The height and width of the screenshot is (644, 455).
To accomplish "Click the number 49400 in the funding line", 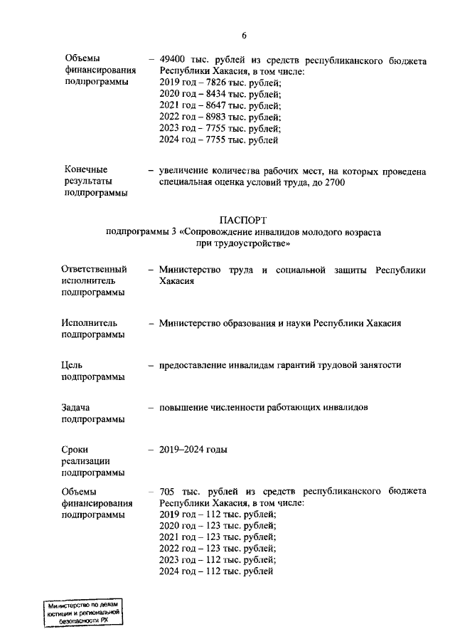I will coord(174,61).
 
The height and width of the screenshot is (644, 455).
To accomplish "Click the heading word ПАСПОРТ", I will coord(243,221).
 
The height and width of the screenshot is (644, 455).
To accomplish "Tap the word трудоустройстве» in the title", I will coord(254,243).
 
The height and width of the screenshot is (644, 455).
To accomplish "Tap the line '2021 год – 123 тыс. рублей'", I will coord(218,537).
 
